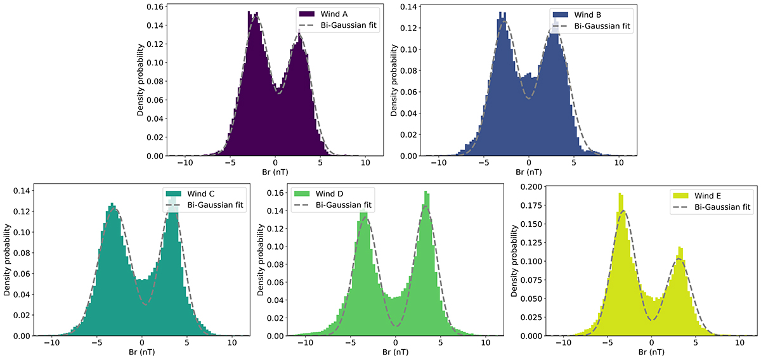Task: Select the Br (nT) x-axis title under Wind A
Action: click(275, 171)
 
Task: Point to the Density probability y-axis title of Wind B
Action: click(394, 80)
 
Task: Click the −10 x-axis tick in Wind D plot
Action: click(304, 342)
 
